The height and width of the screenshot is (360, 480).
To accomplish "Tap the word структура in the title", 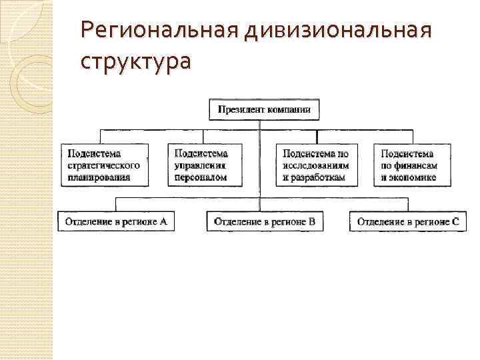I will tap(135, 61).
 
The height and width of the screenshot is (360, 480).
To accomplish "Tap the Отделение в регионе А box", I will tap(116, 221).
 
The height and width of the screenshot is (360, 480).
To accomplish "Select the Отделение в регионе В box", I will tap(265, 221).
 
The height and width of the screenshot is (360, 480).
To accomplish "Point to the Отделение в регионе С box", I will tap(407, 221).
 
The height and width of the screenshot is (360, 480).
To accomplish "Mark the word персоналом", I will tap(200, 177).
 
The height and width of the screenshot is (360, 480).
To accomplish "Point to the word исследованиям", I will tap(315, 165).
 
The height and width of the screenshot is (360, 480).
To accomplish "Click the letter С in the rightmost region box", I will tap(455, 221).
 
